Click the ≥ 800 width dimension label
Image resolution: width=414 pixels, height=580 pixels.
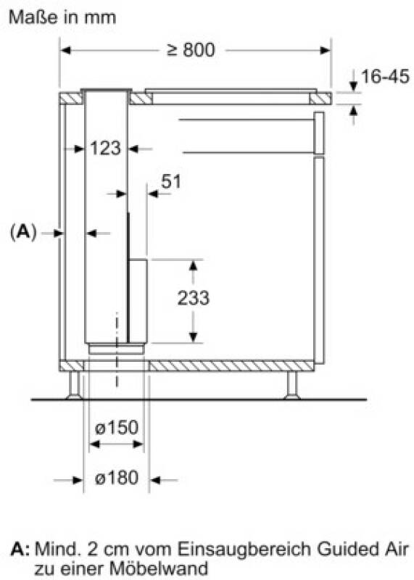(191, 50)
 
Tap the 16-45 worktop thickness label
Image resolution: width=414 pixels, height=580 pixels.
(385, 77)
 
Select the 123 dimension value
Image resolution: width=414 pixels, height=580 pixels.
(105, 149)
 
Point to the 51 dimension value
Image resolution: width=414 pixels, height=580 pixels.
(171, 182)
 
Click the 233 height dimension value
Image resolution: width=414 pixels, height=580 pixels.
(193, 298)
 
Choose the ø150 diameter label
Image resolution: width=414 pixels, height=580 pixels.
(117, 428)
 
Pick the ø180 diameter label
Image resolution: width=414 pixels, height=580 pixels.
(117, 478)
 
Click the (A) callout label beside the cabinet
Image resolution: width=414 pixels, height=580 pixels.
(23, 232)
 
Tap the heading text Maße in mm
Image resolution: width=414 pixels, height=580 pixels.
(62, 17)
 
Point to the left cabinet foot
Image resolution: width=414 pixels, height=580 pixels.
(75, 385)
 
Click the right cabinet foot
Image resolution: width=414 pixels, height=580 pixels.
(292, 385)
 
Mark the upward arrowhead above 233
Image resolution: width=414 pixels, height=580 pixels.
(193, 265)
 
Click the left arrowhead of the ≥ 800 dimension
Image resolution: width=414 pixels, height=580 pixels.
(65, 50)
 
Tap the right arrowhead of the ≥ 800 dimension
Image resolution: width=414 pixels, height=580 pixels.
(325, 50)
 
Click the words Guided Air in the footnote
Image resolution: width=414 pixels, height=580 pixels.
(363, 550)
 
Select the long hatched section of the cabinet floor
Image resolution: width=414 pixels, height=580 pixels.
(231, 366)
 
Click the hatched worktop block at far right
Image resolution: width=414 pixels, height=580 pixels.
(320, 99)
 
